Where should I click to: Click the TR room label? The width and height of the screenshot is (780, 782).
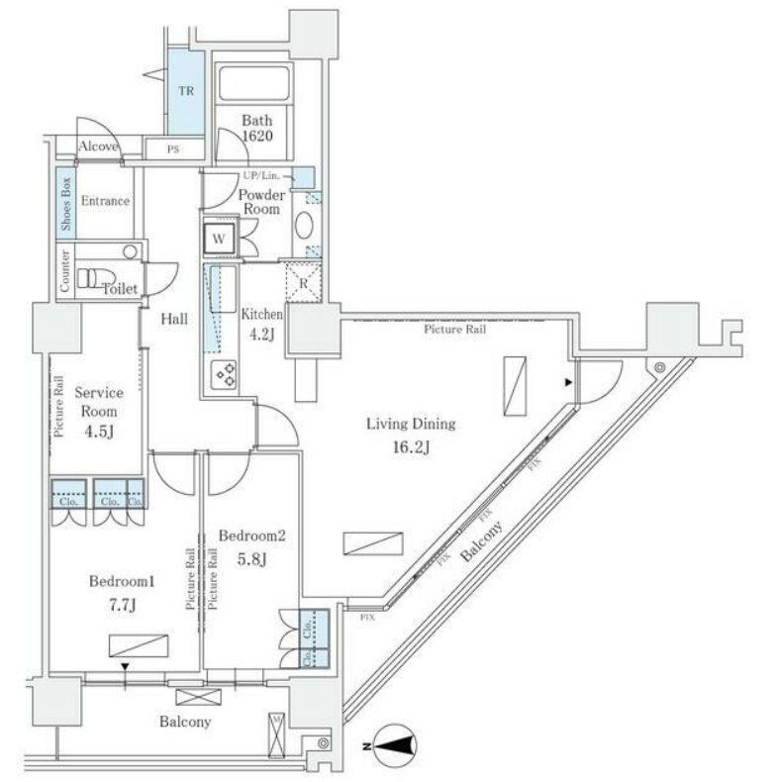click(x=185, y=89)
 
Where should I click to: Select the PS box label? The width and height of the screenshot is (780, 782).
click(x=172, y=150)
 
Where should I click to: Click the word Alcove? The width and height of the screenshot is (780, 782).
click(x=99, y=147)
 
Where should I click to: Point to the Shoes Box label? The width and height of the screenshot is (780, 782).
click(x=66, y=203)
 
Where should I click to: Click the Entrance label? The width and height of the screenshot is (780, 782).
click(x=105, y=202)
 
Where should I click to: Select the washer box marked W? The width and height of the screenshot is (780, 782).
click(x=219, y=239)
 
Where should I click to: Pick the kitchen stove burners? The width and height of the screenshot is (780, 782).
click(x=224, y=374)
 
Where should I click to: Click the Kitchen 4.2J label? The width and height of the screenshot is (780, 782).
click(x=262, y=324)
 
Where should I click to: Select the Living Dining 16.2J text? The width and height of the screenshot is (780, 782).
click(x=411, y=435)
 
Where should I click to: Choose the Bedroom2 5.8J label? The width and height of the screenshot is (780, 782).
click(x=251, y=546)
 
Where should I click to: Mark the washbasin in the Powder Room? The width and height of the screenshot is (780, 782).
click(x=304, y=226)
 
